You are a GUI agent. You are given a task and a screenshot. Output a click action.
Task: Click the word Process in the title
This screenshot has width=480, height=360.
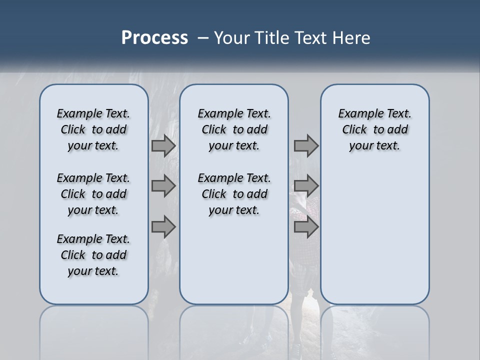[x=154, y=37]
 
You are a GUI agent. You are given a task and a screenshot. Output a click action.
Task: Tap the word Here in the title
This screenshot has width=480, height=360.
[x=351, y=38]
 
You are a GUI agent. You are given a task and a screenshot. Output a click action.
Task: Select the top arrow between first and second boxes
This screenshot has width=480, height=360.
[x=163, y=145]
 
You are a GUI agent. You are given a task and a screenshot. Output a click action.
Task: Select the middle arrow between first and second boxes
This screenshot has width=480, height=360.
[x=163, y=186]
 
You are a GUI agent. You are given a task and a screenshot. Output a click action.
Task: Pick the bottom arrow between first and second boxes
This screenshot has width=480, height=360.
[x=163, y=226]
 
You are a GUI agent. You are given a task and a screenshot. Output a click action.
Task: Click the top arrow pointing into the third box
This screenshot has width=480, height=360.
[x=306, y=145]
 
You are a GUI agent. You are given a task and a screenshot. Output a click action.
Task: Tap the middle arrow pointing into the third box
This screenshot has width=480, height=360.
[x=306, y=186]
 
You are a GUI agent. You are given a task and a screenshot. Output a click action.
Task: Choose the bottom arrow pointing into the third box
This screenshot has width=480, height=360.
[x=306, y=226]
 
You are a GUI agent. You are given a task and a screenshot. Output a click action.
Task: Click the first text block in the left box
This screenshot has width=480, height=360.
[x=93, y=129]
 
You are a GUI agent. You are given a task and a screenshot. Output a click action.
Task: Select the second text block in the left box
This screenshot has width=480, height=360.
[x=93, y=194]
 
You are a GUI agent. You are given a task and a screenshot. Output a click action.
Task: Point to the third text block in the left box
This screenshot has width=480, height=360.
[x=93, y=255]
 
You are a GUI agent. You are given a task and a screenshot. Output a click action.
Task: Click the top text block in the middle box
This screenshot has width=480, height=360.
[x=234, y=129]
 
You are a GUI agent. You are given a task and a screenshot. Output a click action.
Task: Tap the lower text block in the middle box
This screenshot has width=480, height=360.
[x=234, y=194]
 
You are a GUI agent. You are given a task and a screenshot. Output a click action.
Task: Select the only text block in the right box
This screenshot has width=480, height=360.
[x=374, y=129]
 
